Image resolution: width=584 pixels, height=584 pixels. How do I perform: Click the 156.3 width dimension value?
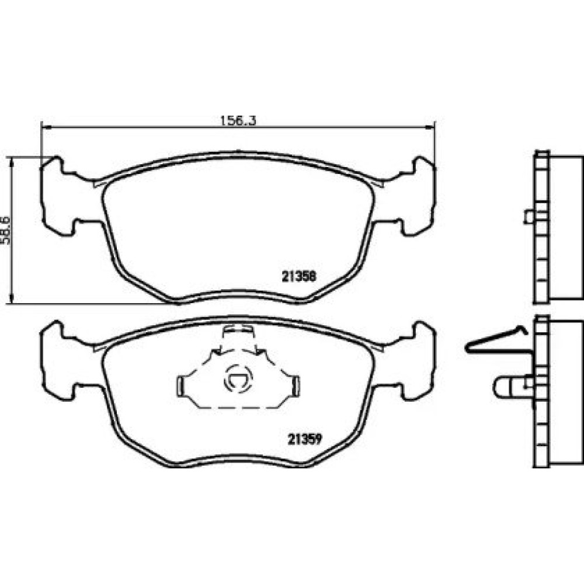238,120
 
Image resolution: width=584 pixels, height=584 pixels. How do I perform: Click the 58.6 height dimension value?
6,230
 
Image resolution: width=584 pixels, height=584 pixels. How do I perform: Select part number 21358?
298,276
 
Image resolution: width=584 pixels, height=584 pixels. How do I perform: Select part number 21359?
304,440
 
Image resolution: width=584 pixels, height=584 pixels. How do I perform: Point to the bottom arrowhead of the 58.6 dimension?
12,298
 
